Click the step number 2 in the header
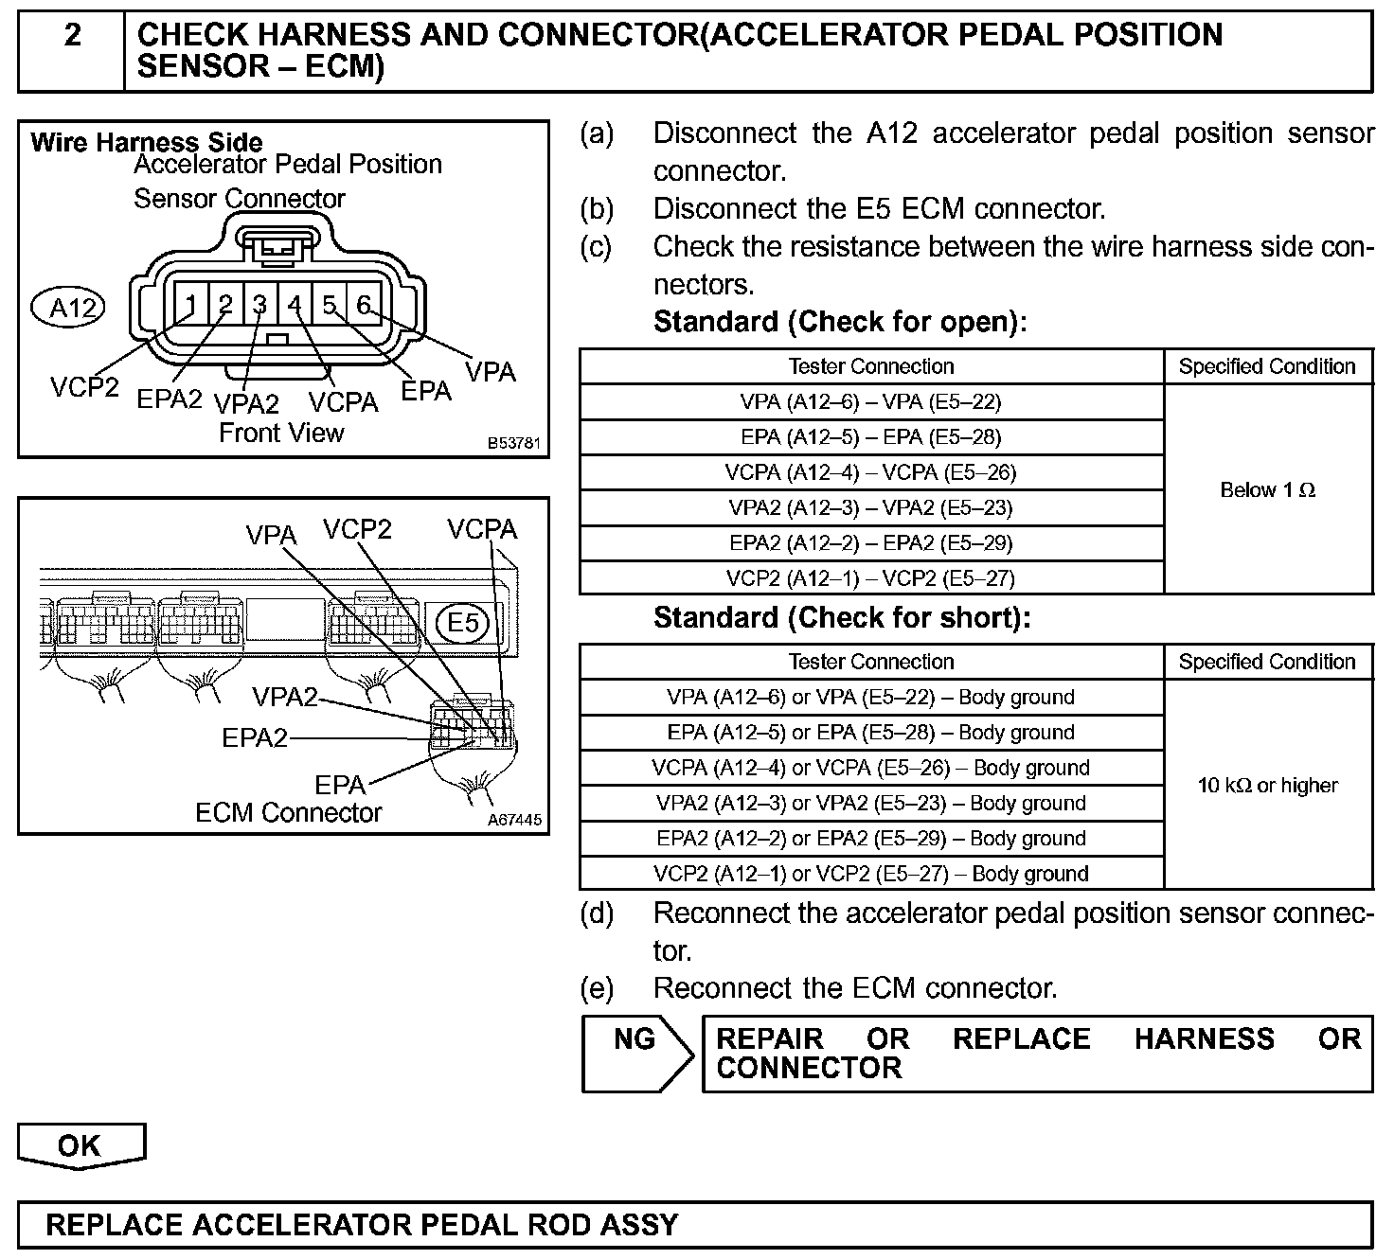(72, 36)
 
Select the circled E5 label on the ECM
(463, 623)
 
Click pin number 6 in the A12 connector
(364, 305)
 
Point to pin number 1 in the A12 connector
(190, 305)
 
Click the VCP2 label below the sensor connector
(84, 388)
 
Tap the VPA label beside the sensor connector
(491, 372)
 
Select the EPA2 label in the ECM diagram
(254, 737)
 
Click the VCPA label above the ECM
(482, 529)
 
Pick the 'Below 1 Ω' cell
(1267, 490)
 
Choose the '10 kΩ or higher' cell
(1267, 786)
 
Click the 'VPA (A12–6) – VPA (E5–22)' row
(870, 402)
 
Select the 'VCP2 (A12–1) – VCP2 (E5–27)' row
(870, 578)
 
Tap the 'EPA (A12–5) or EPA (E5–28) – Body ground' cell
(870, 733)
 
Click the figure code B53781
(515, 443)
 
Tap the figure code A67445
(515, 820)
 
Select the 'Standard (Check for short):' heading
(841, 618)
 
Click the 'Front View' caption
(281, 434)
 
